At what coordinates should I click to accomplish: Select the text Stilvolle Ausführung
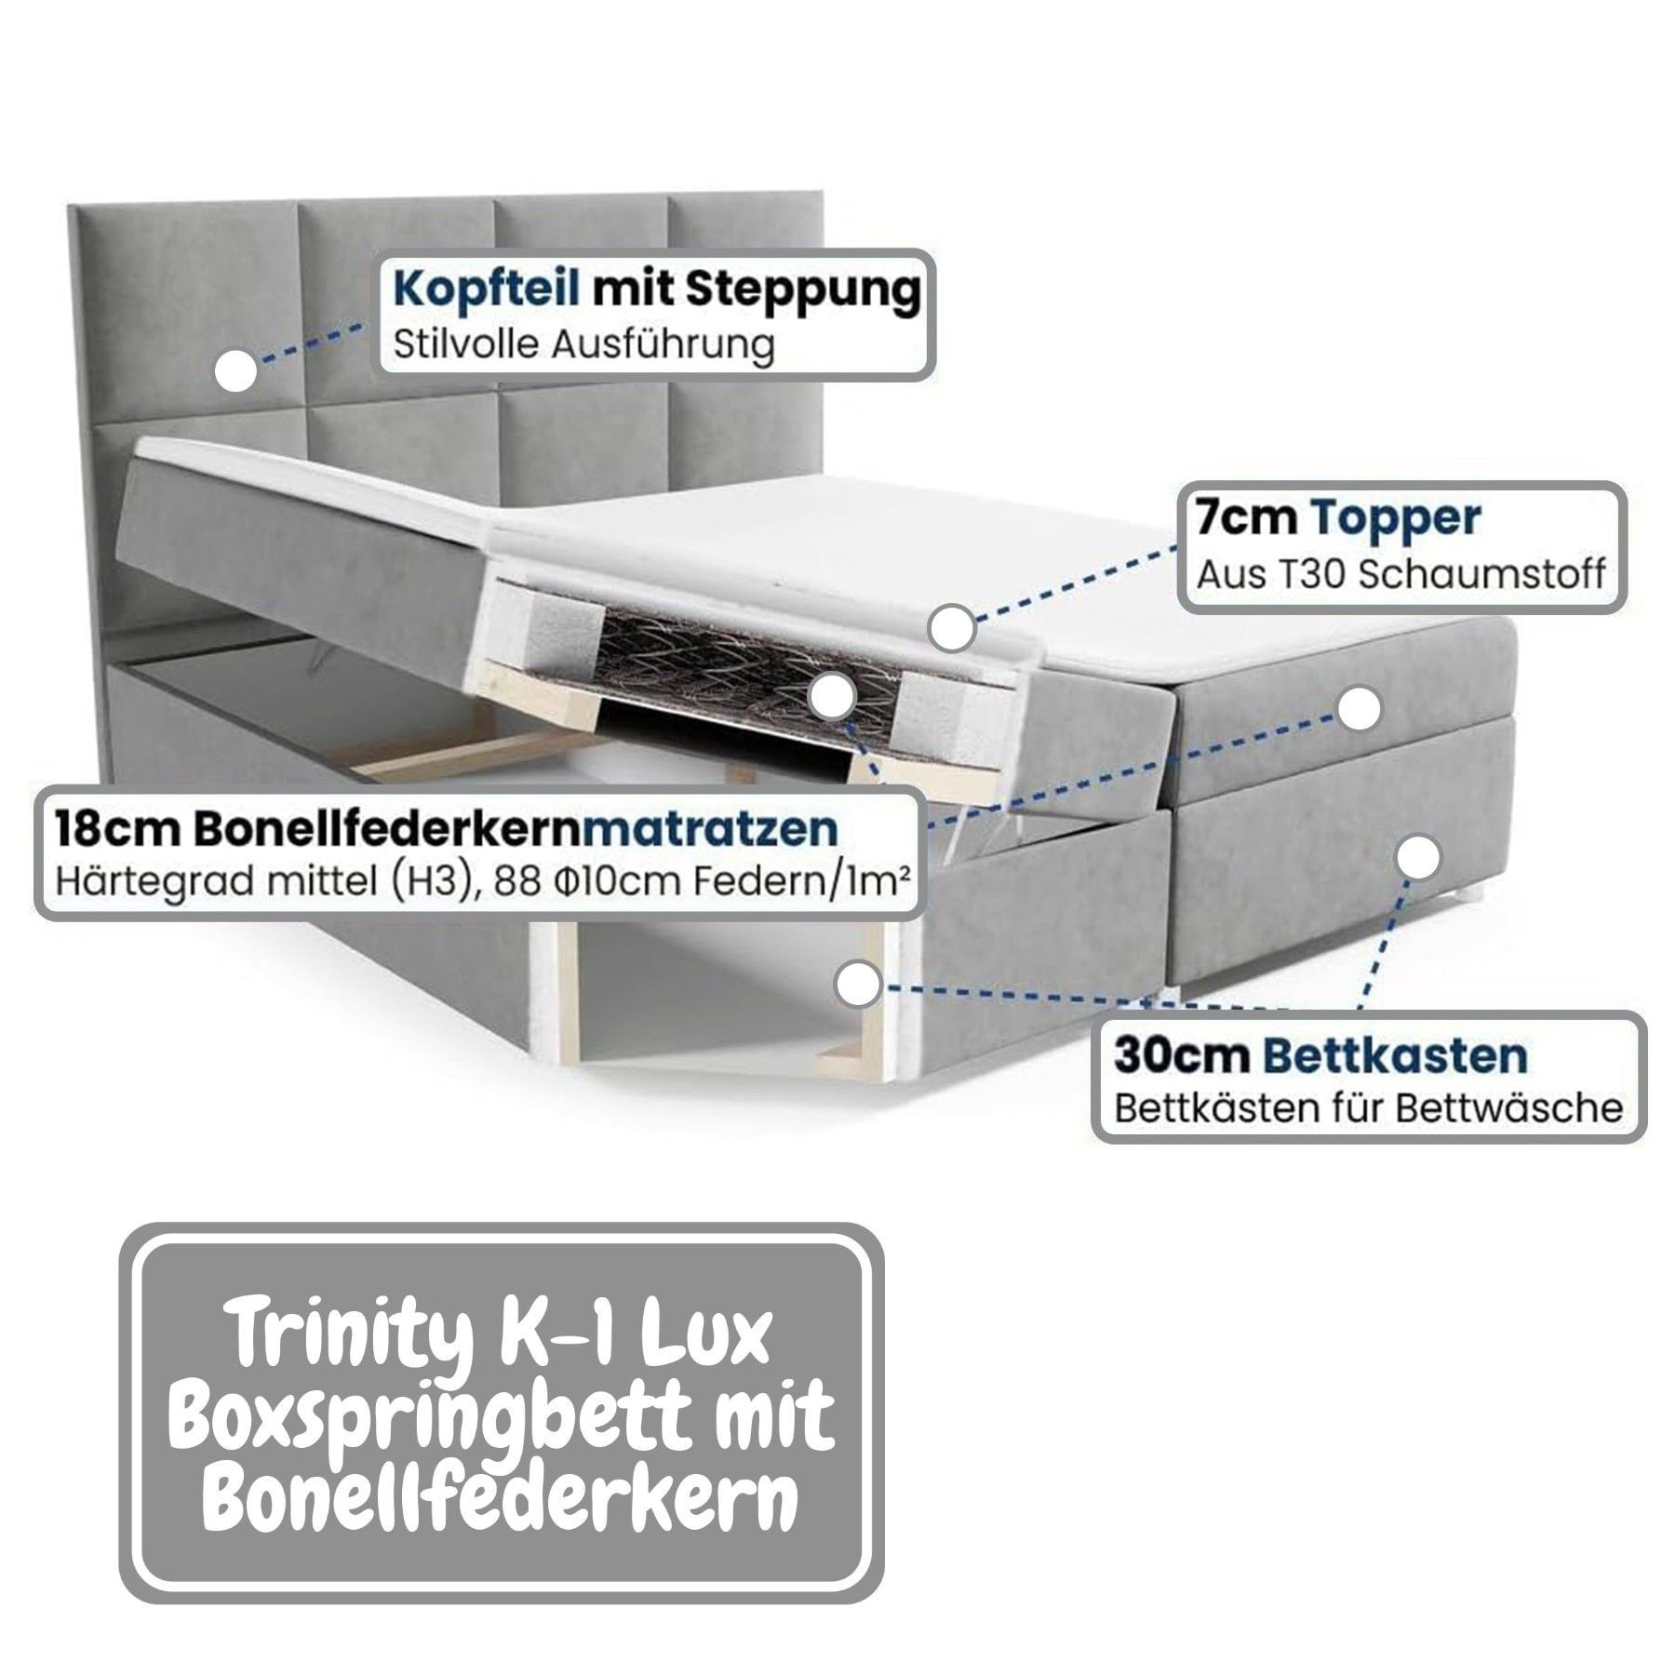583,345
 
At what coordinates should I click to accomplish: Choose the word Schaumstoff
1482,575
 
